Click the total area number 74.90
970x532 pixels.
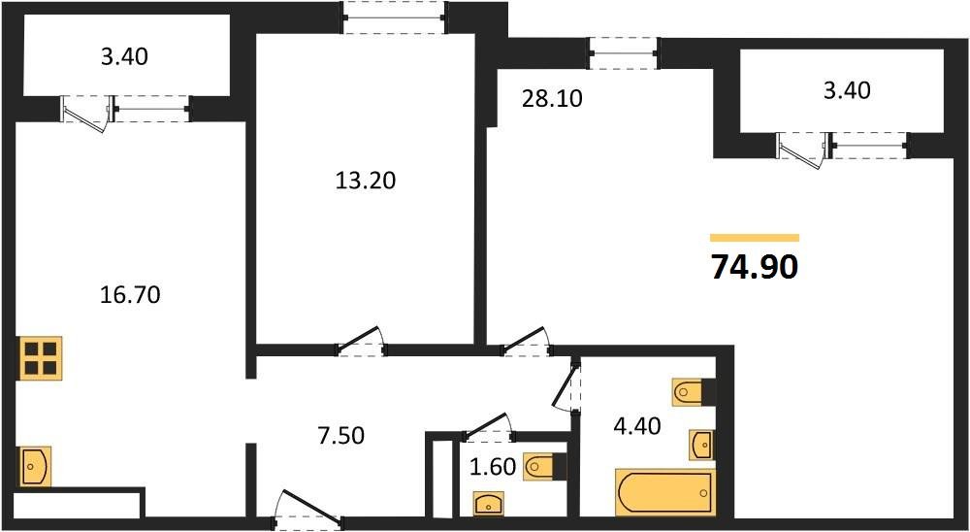coord(754,266)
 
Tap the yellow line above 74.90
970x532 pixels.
coord(754,237)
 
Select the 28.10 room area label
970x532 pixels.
coord(552,99)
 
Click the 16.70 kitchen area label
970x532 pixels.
coord(130,293)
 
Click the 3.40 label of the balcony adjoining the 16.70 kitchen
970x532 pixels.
coord(124,56)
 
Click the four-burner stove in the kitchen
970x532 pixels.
coord(40,356)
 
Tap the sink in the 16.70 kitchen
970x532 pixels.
coord(34,466)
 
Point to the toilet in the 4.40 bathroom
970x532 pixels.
coord(693,393)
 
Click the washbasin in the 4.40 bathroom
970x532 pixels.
coord(702,444)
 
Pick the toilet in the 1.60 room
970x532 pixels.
coord(544,468)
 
